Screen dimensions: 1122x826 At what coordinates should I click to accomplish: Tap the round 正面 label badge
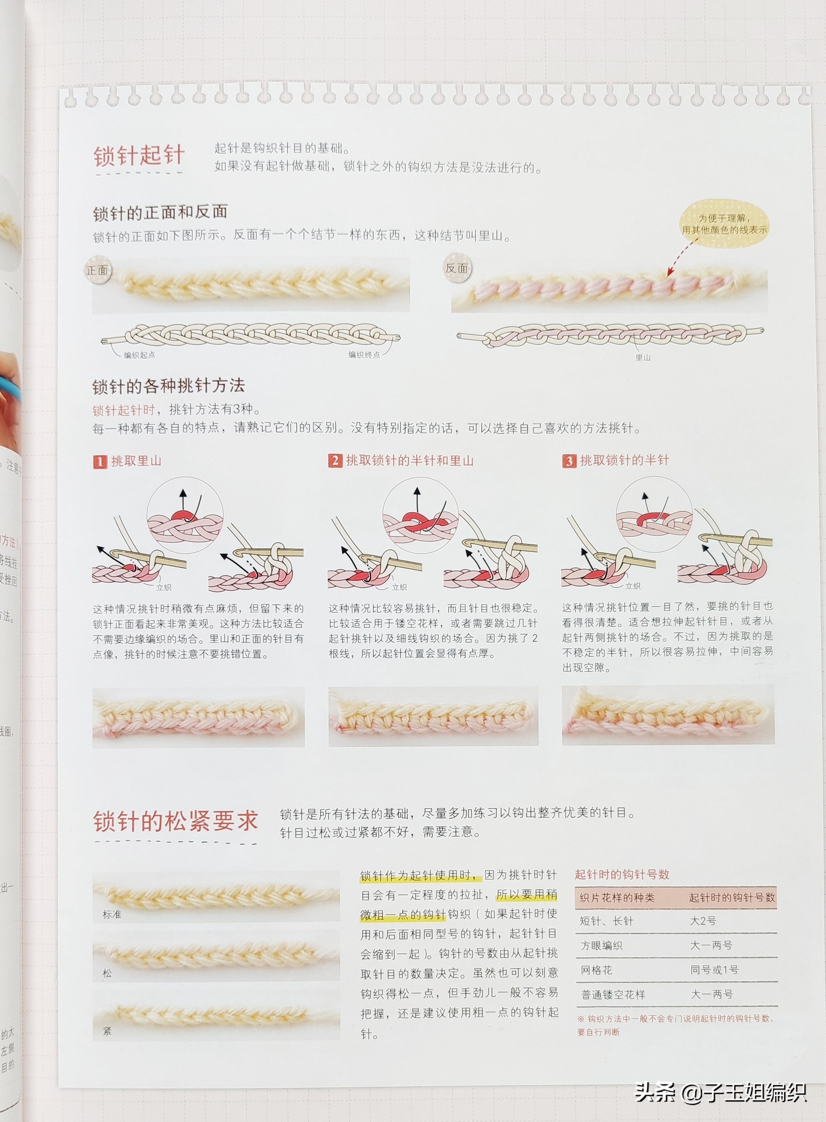98,271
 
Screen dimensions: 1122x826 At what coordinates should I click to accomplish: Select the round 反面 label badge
456,268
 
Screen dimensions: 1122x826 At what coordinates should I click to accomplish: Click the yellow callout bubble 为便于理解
724,224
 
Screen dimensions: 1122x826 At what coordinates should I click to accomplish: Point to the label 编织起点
140,355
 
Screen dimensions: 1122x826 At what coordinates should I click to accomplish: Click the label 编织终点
364,355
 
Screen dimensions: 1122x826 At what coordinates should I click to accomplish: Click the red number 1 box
99,462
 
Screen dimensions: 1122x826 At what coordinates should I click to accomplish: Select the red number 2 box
334,460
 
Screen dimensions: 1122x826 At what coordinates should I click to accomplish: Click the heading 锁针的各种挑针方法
169,386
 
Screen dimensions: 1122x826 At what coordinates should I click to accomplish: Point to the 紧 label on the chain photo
107,1031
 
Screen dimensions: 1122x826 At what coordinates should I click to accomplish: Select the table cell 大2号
703,920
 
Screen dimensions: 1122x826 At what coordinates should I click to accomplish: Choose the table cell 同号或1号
714,970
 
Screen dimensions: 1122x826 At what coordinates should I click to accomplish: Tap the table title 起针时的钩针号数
622,875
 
